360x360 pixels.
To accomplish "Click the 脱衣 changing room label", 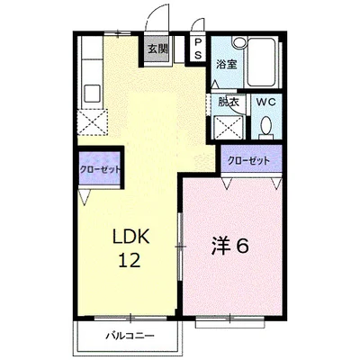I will (229, 102).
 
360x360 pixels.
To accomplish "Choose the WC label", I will (267, 102).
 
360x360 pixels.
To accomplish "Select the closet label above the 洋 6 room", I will (248, 159).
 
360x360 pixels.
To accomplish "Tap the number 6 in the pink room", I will (243, 245).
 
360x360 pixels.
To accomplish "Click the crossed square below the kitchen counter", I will (92, 120).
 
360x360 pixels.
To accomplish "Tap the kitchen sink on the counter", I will (91, 90).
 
